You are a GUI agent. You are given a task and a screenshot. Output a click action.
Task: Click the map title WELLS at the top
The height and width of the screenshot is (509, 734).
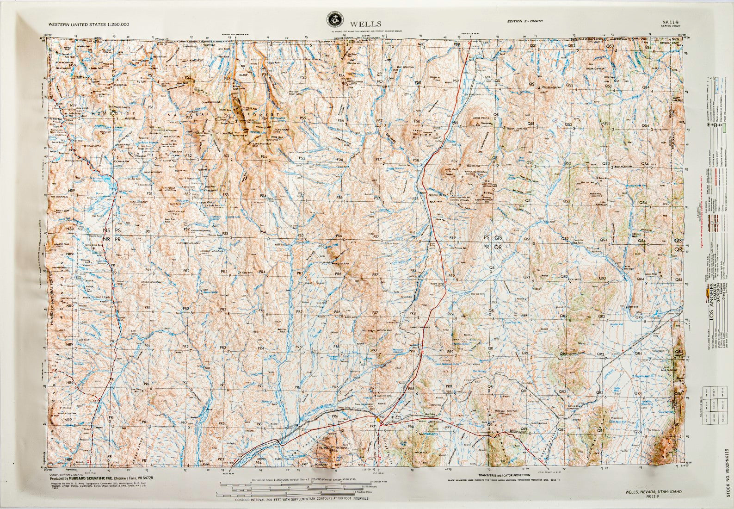(365, 24)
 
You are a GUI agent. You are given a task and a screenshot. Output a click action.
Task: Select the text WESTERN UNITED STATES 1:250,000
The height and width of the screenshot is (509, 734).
(88, 24)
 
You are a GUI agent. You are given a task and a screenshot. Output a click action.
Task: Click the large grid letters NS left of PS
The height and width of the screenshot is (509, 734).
(107, 230)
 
